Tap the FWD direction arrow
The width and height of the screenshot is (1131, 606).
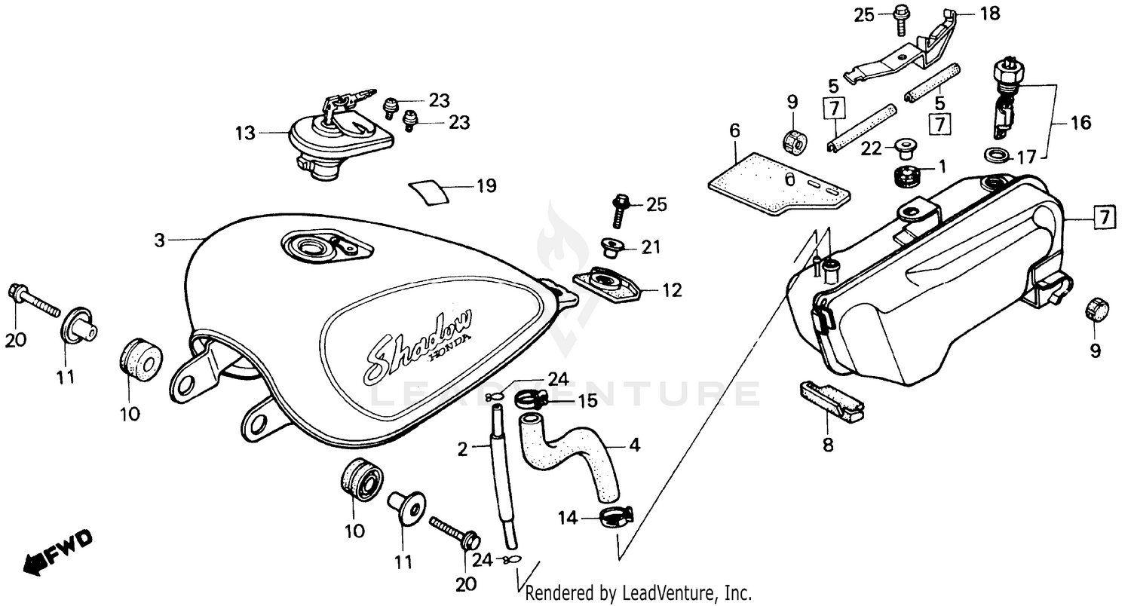coord(57,549)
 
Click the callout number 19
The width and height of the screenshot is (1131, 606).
coord(486,185)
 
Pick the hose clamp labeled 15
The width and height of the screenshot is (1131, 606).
coord(532,399)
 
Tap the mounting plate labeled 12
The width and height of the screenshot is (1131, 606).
coord(605,283)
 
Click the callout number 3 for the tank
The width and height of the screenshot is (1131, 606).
coord(159,240)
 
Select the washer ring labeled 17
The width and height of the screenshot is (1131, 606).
coord(997,155)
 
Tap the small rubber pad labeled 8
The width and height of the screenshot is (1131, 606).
coord(829,399)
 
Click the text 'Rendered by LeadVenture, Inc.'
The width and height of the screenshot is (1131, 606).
coord(638,593)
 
